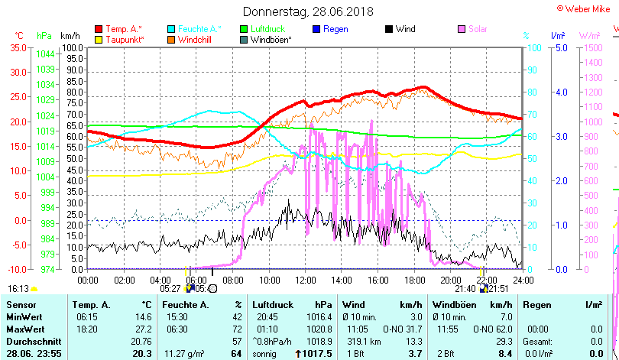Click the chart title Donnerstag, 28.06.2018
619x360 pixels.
pyautogui.click(x=309, y=11)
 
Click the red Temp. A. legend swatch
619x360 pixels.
pyautogui.click(x=98, y=29)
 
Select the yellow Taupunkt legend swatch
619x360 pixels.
pyautogui.click(x=98, y=39)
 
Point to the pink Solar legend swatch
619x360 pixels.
pyautogui.click(x=462, y=29)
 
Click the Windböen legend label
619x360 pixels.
pyautogui.click(x=271, y=39)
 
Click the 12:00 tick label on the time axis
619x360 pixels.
pyautogui.click(x=305, y=279)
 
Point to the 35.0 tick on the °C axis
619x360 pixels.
pyautogui.click(x=16, y=47)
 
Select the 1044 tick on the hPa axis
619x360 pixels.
pyautogui.click(x=45, y=54)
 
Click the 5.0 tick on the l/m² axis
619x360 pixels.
pyautogui.click(x=559, y=47)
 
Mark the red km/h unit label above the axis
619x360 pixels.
pyautogui.click(x=70, y=36)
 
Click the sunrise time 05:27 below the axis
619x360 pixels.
pyautogui.click(x=170, y=289)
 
